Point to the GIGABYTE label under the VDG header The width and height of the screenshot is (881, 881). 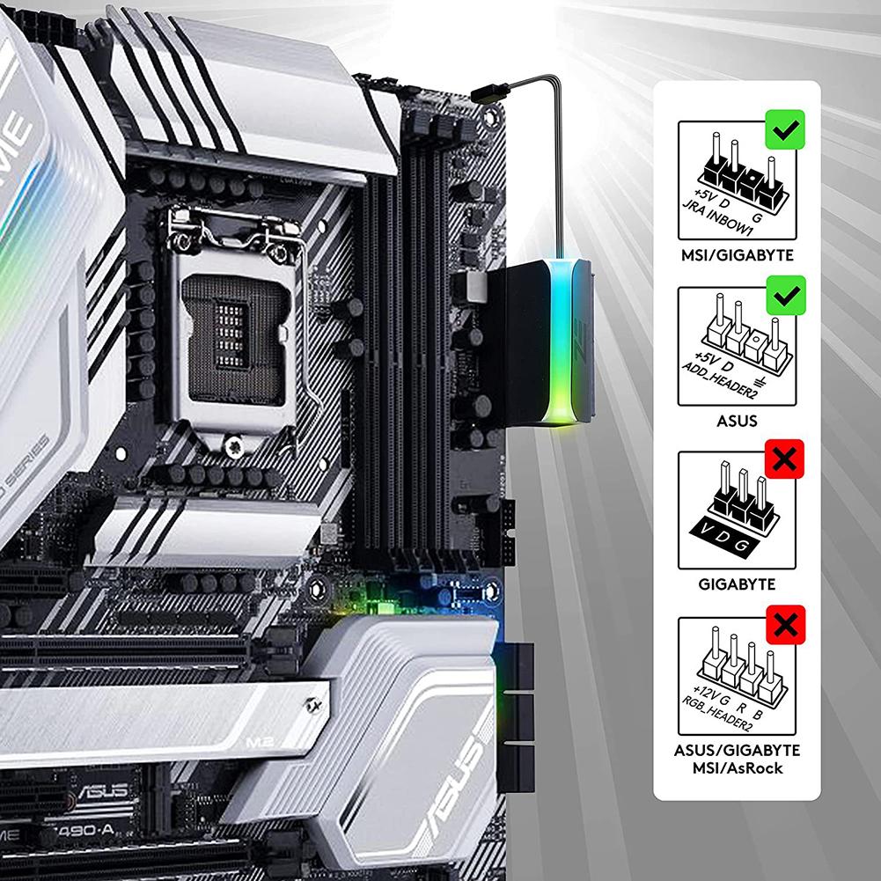pyautogui.click(x=736, y=584)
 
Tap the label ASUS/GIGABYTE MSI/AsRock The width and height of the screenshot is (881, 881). pyautogui.click(x=736, y=759)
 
